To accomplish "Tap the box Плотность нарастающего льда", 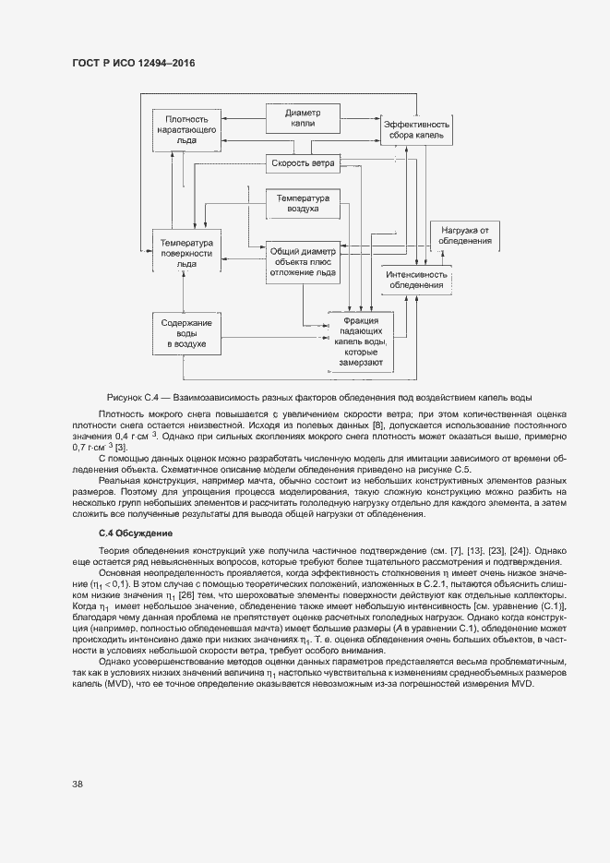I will pyautogui.click(x=187, y=130).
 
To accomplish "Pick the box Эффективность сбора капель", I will pyautogui.click(x=416, y=129).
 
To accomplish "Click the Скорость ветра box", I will pyautogui.click(x=302, y=164).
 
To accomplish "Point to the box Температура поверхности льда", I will pyautogui.click(x=187, y=252).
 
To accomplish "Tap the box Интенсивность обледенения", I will pyautogui.click(x=417, y=279).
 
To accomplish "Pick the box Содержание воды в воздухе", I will pyautogui.click(x=187, y=333).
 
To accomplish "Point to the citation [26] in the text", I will pyautogui.click(x=185, y=595).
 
